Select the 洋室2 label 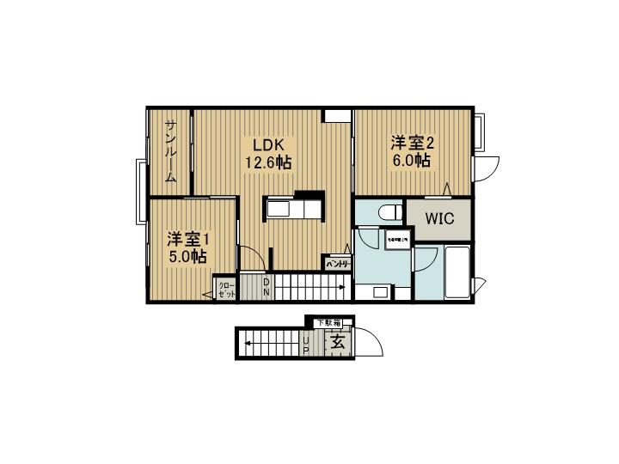(x=413, y=143)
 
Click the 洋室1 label (x=188, y=238)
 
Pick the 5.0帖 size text (x=187, y=256)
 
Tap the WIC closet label (x=439, y=218)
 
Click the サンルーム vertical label (x=171, y=152)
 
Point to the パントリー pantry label (x=337, y=264)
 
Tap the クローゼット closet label (x=226, y=288)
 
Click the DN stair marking (x=267, y=287)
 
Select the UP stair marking (x=305, y=345)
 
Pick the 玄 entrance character (x=337, y=342)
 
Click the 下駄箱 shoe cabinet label (x=328, y=322)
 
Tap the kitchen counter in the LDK (x=293, y=209)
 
